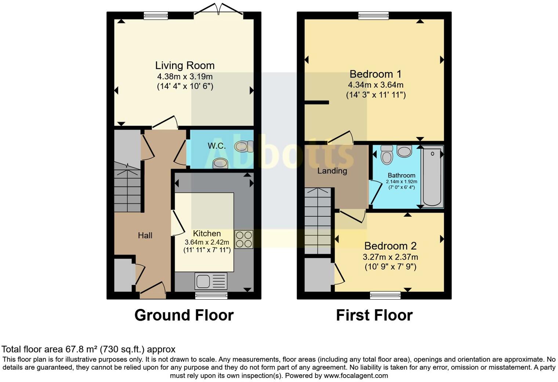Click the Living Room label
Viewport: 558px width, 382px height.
[185, 65]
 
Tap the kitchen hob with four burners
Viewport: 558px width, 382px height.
[244, 239]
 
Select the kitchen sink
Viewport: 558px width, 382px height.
[211, 281]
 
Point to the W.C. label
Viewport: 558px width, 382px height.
[217, 146]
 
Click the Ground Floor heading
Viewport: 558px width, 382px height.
[184, 315]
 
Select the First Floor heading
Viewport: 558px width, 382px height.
[374, 315]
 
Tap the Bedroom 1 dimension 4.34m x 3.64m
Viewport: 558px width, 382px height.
[376, 85]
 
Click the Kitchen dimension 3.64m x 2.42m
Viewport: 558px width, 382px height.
[207, 242]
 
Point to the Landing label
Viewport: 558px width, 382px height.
[332, 171]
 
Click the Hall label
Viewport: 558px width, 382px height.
[145, 235]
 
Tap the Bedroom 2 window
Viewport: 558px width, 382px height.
[385, 295]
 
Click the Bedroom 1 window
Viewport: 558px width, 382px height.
[373, 15]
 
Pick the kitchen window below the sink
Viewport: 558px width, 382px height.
[211, 296]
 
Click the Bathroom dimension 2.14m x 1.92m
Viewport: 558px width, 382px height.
[401, 181]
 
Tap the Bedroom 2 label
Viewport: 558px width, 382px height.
[390, 246]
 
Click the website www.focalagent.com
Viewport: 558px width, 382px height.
[356, 375]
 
